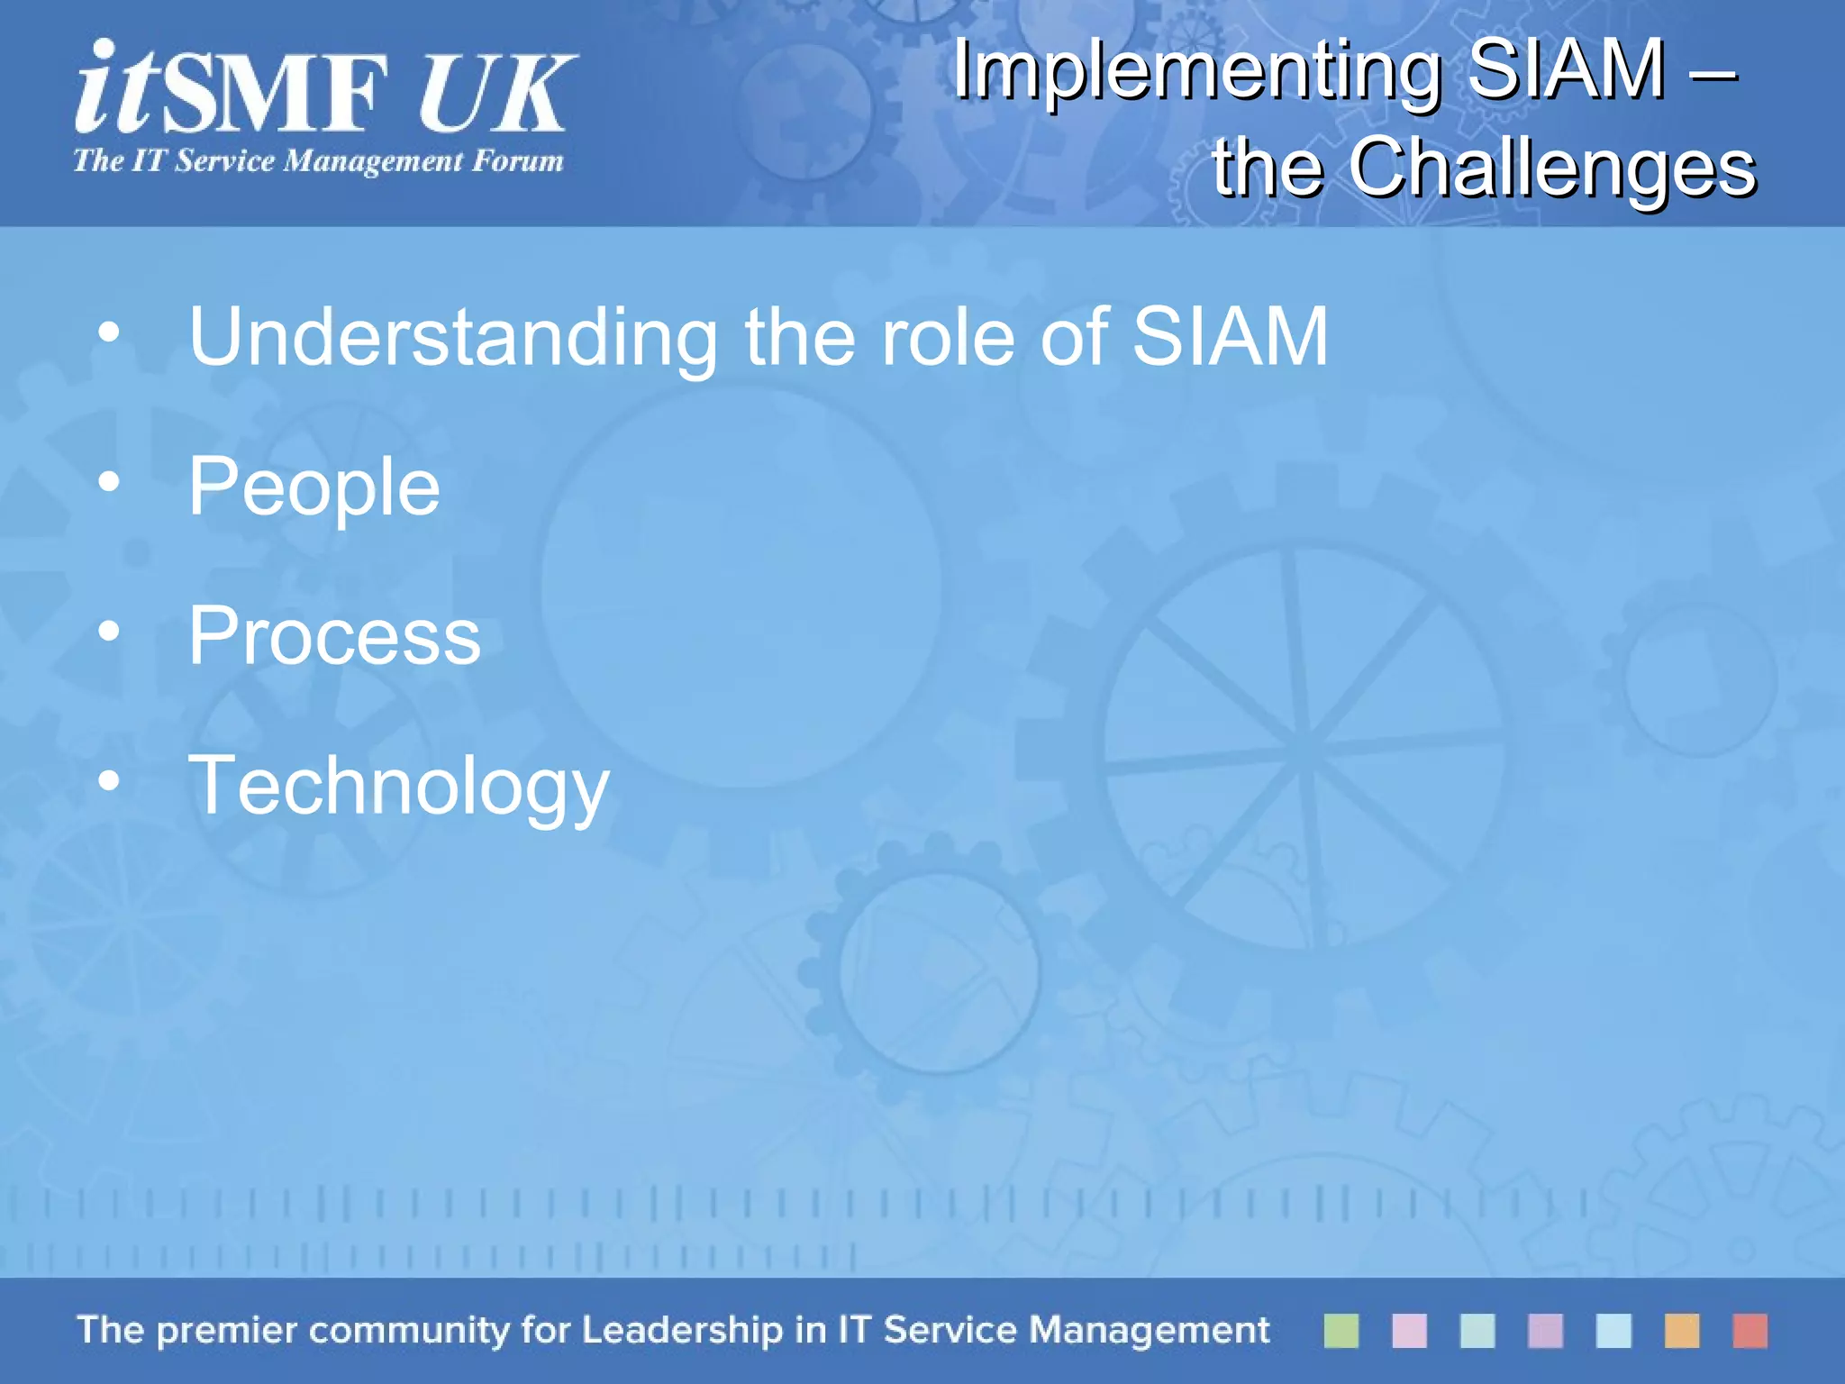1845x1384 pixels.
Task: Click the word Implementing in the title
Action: click(1198, 72)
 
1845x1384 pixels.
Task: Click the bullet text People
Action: click(314, 487)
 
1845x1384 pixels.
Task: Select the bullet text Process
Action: click(334, 637)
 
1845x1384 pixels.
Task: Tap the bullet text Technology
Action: click(398, 787)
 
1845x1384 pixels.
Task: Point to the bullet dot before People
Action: click(109, 482)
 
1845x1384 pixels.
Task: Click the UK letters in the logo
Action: click(495, 94)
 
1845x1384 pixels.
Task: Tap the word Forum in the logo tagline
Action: click(518, 161)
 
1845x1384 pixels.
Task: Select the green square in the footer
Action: click(1341, 1331)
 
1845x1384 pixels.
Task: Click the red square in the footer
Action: click(1750, 1331)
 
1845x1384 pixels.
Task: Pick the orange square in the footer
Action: click(1681, 1331)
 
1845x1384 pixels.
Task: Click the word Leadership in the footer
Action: click(682, 1331)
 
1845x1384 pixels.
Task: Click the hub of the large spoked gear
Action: click(1303, 749)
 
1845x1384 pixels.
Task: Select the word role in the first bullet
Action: click(947, 338)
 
